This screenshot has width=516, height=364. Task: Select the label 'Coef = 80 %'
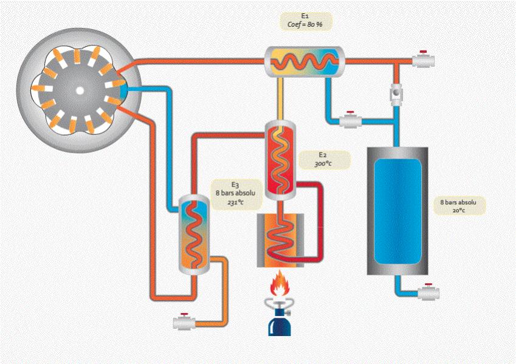tap(307, 25)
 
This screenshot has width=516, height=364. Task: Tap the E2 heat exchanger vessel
tap(280, 161)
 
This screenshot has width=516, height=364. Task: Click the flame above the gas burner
tap(280, 283)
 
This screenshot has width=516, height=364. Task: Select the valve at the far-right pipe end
tap(422, 60)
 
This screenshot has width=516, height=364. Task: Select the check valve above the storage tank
tap(396, 94)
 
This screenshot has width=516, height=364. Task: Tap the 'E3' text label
tap(235, 184)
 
